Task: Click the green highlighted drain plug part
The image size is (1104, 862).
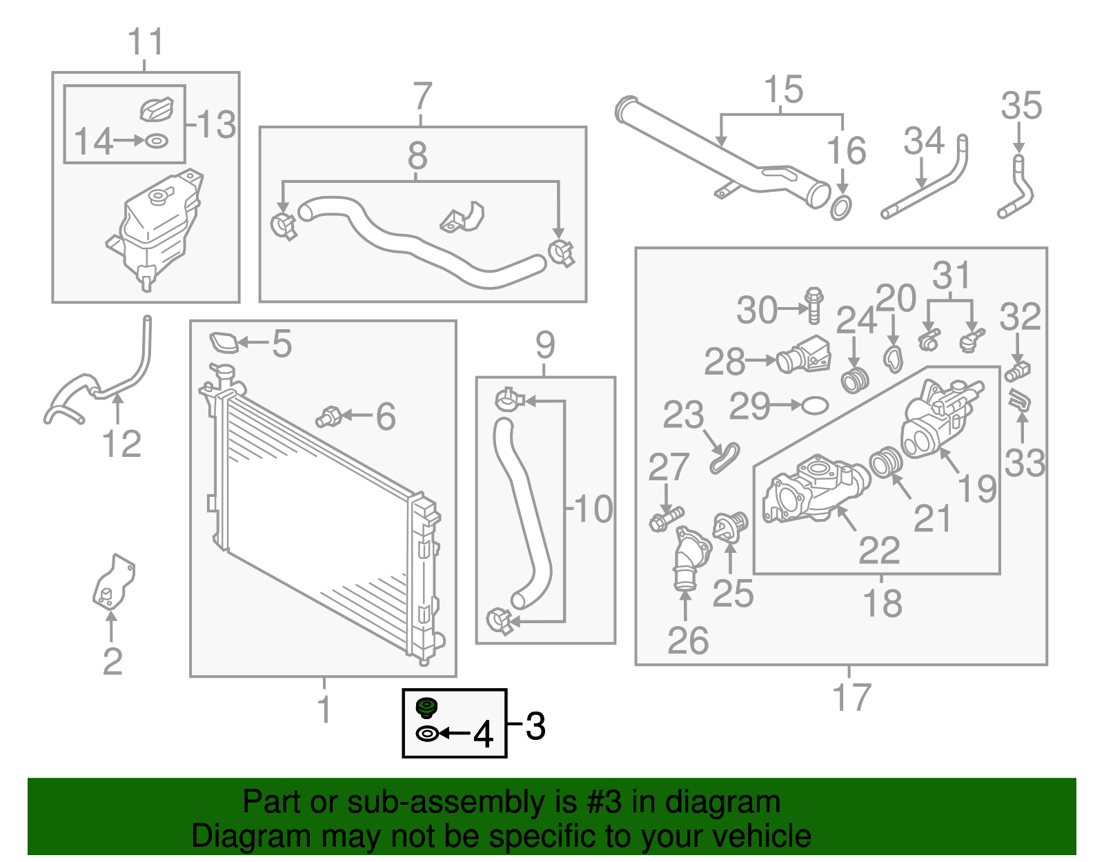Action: point(427,708)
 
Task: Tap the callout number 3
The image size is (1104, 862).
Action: point(535,727)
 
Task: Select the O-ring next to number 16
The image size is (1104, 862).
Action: point(840,207)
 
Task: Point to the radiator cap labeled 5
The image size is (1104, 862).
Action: point(224,343)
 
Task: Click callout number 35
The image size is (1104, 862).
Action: point(1021,106)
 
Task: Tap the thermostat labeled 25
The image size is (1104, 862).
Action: point(730,528)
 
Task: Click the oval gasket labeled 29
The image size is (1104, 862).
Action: point(815,405)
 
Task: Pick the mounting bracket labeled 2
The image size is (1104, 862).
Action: point(113,582)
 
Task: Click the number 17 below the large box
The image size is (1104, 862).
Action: point(852,697)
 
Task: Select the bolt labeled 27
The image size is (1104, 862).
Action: point(665,519)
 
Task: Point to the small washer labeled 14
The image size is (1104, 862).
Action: point(157,141)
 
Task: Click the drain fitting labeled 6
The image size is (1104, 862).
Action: point(328,417)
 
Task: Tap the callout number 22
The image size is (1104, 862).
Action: point(879,550)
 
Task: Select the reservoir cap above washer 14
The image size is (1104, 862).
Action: point(157,109)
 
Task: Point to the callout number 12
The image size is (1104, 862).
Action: point(121,444)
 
